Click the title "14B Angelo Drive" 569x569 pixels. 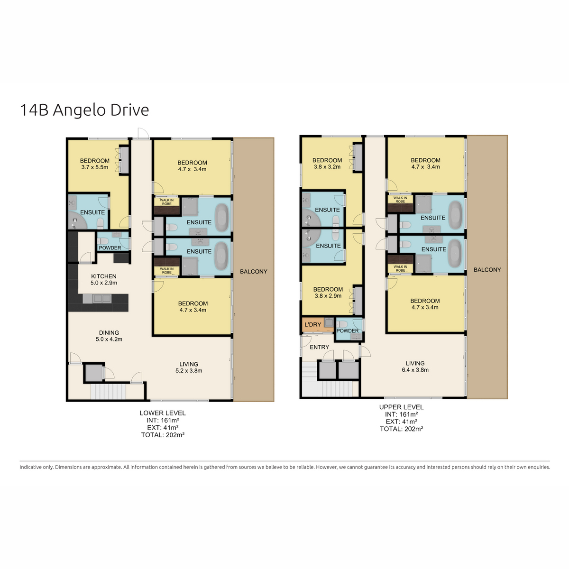tap(84, 110)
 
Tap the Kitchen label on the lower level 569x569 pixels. tap(104, 276)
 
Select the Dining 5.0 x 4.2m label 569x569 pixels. tap(109, 336)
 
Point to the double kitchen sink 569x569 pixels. tap(102, 299)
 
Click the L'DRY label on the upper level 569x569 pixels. tap(312, 324)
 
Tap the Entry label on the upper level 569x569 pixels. tap(319, 347)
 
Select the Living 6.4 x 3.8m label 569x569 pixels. tap(415, 367)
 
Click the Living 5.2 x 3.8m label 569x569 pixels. tap(189, 367)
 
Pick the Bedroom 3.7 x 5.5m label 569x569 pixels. tap(94, 164)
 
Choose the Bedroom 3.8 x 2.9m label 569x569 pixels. tap(328, 293)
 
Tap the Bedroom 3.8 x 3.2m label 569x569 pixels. tap(327, 163)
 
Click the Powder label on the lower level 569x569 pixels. tap(110, 248)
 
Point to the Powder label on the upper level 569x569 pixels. tap(348, 330)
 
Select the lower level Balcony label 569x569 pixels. tap(253, 271)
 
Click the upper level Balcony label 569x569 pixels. tap(487, 270)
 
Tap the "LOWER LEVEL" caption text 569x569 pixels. tap(163, 413)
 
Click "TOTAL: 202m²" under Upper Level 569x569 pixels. tap(401, 429)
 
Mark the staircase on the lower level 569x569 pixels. tap(108, 392)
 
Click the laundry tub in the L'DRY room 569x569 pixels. tap(329, 322)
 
